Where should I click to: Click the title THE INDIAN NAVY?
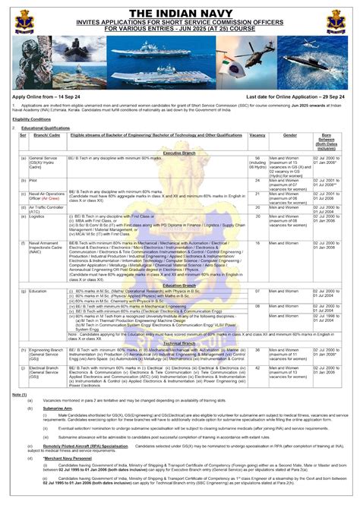point(180,13)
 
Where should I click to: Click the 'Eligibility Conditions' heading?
point(32,119)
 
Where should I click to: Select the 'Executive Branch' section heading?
point(180,153)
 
